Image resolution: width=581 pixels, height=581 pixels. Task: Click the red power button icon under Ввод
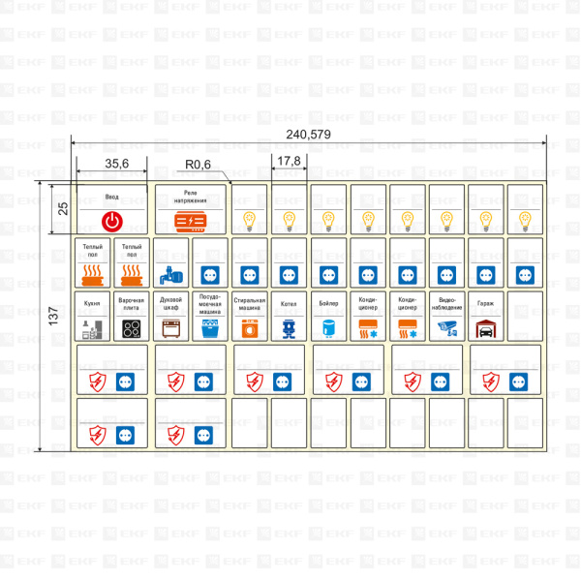[x=112, y=221]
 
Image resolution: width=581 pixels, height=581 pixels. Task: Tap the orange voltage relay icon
[x=191, y=221]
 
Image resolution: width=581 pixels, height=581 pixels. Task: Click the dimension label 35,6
[x=118, y=164]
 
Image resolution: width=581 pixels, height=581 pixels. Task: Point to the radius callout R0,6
[x=199, y=164]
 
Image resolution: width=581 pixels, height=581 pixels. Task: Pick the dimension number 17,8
[x=288, y=161]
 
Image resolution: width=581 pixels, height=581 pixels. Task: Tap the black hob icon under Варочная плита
[x=132, y=328]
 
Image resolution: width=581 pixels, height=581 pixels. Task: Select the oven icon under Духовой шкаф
[x=171, y=328]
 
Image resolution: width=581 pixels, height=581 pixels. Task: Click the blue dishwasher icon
[x=210, y=329]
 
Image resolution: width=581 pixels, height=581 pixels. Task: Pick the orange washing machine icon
[x=250, y=329]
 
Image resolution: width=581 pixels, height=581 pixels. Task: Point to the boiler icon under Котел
[x=289, y=329]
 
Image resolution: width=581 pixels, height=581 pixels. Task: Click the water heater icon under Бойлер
[x=328, y=328]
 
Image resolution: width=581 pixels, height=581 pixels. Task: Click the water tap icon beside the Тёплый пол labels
[x=170, y=274]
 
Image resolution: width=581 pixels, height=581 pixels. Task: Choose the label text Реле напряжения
[x=191, y=196]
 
